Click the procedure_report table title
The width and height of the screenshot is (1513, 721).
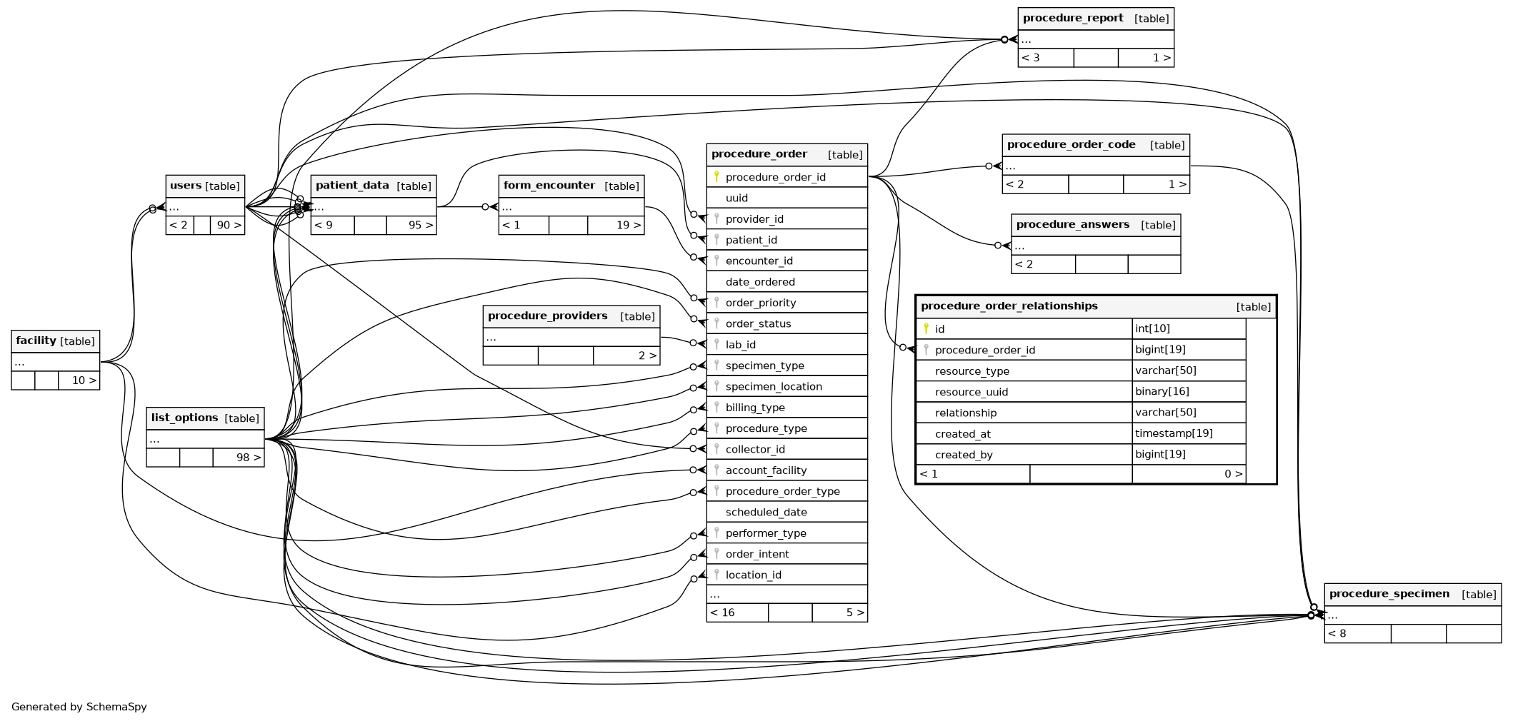1073,19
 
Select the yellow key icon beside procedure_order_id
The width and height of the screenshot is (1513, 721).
716,176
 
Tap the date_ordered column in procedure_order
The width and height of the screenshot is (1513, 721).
760,282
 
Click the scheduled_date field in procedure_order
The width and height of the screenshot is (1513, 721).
766,513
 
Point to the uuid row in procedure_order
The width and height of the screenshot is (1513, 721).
736,198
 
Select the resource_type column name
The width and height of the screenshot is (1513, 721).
972,371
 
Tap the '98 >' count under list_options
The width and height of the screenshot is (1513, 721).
248,458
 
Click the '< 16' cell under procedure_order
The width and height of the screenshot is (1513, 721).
722,612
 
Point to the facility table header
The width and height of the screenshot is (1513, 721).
55,341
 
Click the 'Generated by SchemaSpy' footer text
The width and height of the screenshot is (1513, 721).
79,707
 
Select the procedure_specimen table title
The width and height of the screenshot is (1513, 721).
1389,594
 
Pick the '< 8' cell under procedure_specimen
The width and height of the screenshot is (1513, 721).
1337,633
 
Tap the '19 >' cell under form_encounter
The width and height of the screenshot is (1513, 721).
628,226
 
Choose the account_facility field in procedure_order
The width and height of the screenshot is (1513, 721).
766,470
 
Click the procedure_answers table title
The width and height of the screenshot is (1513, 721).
1072,225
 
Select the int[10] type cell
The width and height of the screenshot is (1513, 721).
1152,328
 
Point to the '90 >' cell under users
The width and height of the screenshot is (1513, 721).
229,226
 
